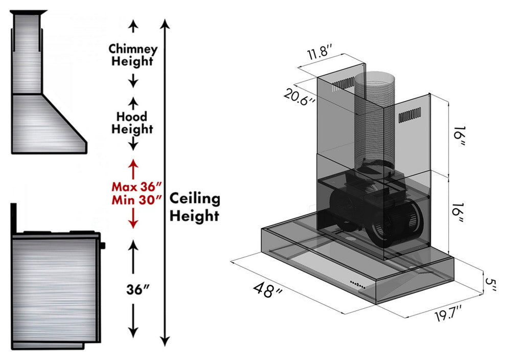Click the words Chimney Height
(x=133, y=55)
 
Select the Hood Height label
(x=132, y=123)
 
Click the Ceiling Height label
(x=194, y=207)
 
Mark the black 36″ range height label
(x=138, y=289)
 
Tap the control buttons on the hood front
(x=357, y=284)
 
